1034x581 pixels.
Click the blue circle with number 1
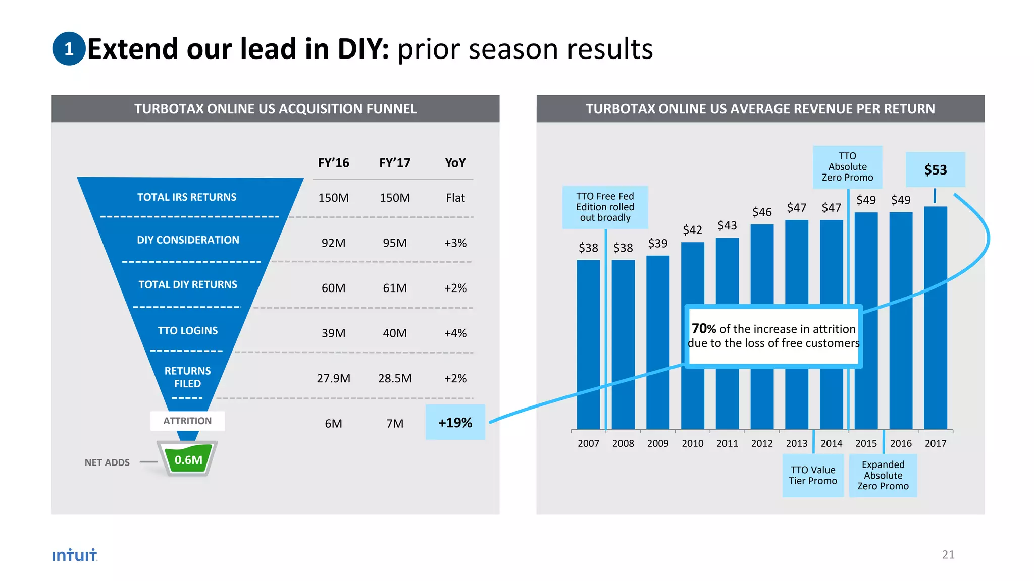click(69, 49)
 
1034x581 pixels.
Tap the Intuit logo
click(74, 555)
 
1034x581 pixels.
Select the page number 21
click(948, 554)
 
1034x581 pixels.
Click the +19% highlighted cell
click(455, 423)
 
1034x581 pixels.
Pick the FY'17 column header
click(395, 163)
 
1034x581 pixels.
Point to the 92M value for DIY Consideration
click(333, 243)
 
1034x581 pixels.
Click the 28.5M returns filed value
click(395, 378)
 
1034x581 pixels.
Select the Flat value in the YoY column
click(455, 198)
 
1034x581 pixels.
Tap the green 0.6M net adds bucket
click(188, 459)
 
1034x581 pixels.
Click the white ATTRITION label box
click(187, 421)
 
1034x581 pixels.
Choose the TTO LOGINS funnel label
click(187, 331)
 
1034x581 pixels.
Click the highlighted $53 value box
click(935, 170)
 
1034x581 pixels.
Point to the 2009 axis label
click(657, 443)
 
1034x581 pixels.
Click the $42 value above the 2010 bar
click(692, 230)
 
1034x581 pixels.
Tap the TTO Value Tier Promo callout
click(812, 476)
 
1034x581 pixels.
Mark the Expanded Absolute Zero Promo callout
click(883, 476)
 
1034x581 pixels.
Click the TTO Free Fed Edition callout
click(605, 207)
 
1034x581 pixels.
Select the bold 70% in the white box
click(704, 329)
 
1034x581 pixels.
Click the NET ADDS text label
click(107, 462)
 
